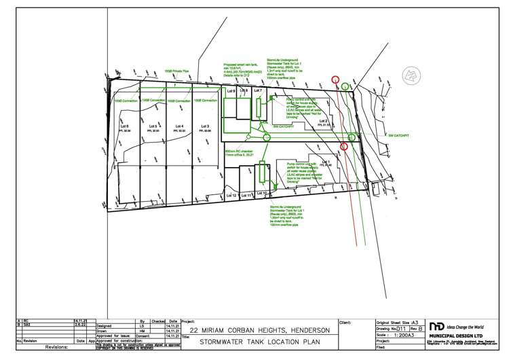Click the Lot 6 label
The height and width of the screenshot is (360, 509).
click(x=124, y=126)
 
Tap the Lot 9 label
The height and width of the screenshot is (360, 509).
click(x=231, y=90)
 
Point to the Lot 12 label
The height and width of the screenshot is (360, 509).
click(x=231, y=196)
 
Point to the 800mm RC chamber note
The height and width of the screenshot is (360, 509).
click(x=243, y=151)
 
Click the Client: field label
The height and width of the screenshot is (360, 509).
click(x=347, y=322)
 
